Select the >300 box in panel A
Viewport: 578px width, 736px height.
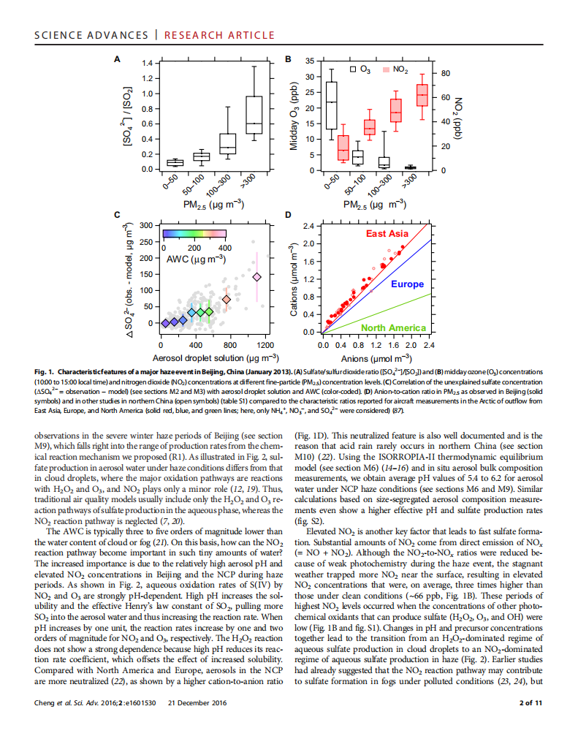tap(254, 115)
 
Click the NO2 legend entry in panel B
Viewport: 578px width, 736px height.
tap(395, 69)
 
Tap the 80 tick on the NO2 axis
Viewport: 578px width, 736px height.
tap(446, 73)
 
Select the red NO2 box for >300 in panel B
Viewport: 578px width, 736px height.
tap(422, 95)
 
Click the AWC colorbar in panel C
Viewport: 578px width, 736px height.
tap(194, 235)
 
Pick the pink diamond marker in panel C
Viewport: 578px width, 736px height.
tap(256, 277)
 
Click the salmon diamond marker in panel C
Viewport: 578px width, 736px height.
tap(227, 299)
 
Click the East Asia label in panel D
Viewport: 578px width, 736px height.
tap(387, 233)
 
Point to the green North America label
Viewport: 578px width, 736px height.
tap(393, 327)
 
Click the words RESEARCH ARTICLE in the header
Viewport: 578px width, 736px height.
tap(219, 35)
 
